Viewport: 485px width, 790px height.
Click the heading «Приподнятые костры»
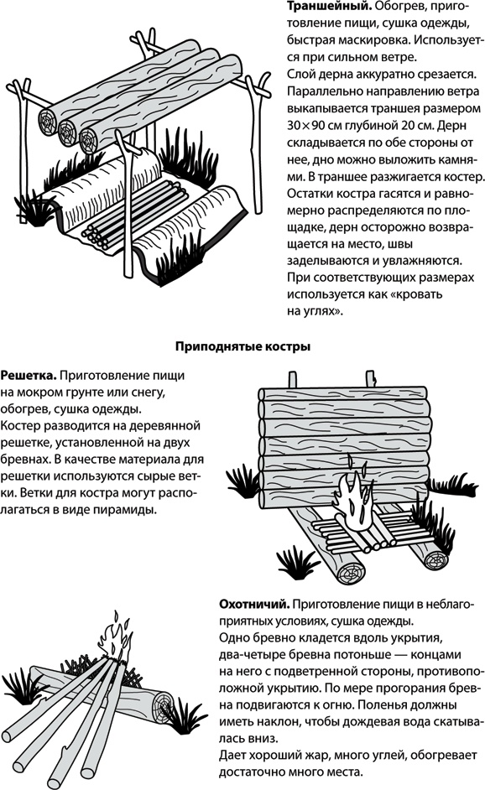click(242, 345)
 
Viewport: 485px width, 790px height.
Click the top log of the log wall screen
click(344, 400)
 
